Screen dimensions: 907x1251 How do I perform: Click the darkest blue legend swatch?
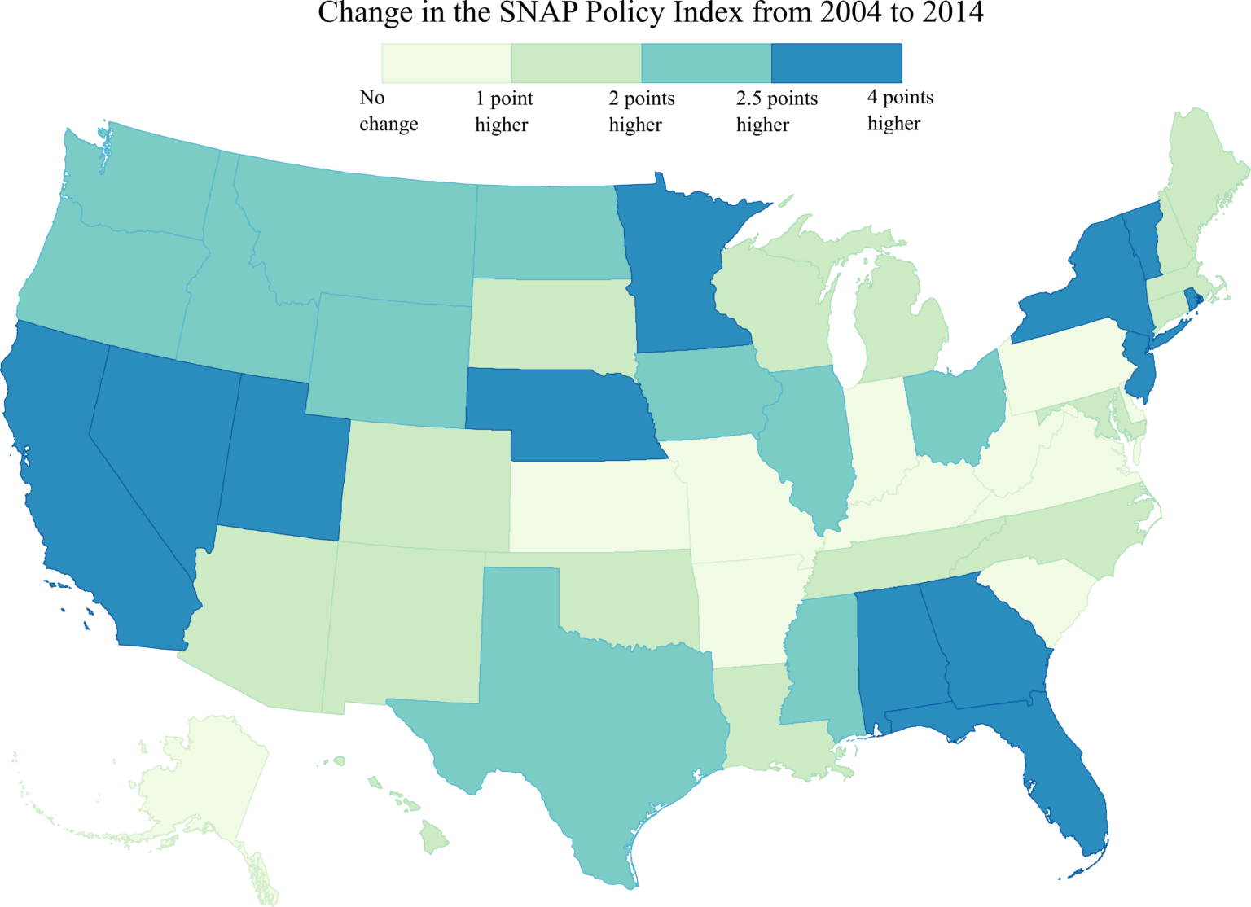836,63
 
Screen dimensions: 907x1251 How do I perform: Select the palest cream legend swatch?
446,63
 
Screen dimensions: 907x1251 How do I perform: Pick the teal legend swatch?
706,63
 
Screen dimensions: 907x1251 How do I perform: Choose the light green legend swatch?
576,63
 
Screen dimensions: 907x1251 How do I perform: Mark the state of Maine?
1205,171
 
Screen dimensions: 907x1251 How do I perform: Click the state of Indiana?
876,432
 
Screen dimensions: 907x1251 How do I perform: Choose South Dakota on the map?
550,322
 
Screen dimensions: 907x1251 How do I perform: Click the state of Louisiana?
766,716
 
